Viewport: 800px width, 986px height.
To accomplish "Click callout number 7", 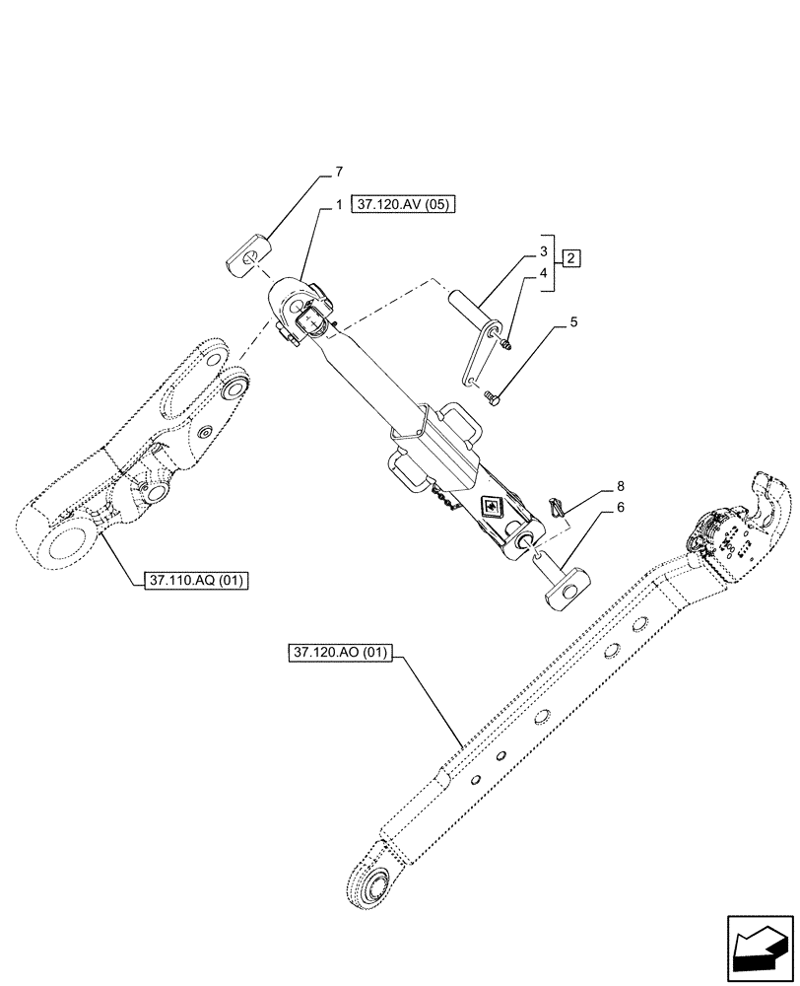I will coord(338,173).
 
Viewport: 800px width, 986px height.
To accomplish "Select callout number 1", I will coord(338,205).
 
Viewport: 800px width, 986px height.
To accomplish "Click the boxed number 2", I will coord(571,258).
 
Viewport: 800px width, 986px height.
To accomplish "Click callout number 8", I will coord(621,486).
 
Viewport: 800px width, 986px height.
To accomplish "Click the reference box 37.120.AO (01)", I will coord(341,653).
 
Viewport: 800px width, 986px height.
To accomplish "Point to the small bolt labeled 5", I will coord(494,397).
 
